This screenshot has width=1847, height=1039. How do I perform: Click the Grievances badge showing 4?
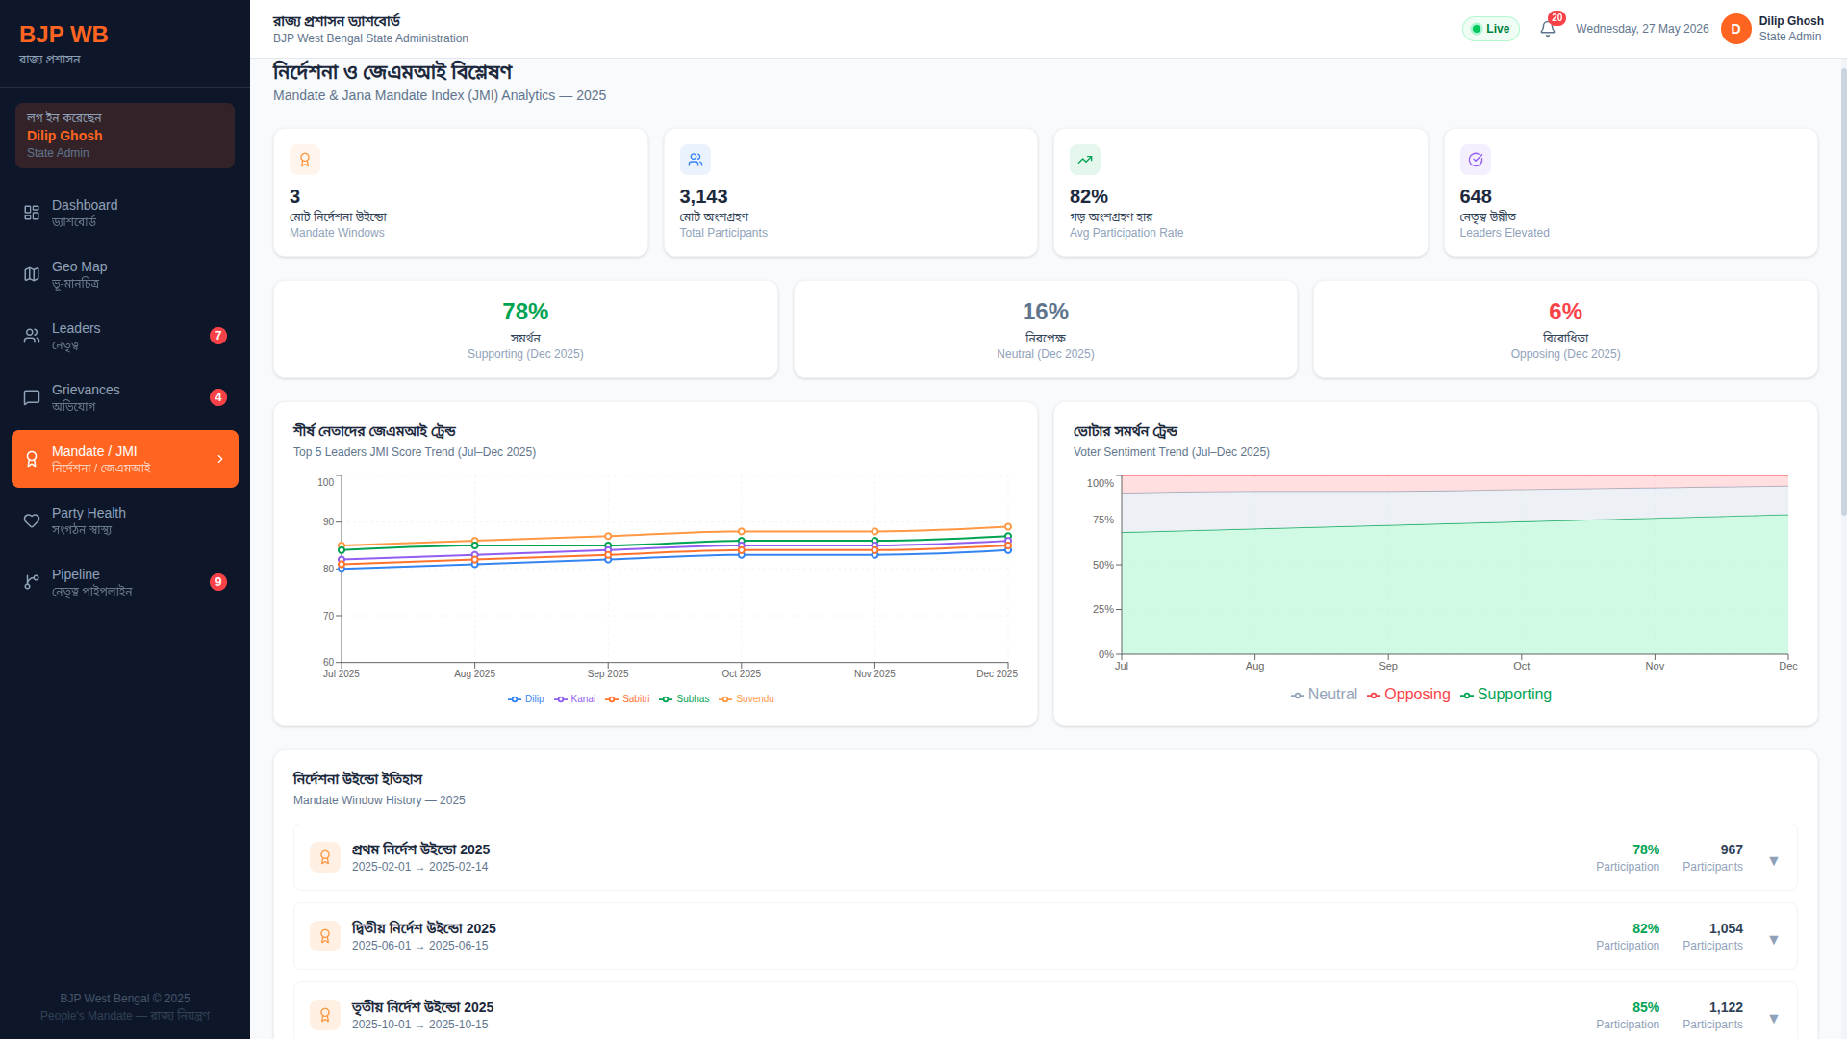click(x=218, y=397)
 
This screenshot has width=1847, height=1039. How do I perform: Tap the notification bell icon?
click(x=1547, y=29)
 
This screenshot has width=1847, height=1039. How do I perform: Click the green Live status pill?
click(x=1491, y=29)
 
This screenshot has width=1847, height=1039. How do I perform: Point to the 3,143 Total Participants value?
click(x=703, y=196)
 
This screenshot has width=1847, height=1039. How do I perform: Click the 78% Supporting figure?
click(x=525, y=312)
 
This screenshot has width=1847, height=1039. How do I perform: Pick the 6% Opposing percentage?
click(x=1565, y=312)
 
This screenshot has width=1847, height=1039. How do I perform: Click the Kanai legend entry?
click(x=575, y=699)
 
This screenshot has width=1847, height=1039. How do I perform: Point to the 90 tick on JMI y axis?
click(x=328, y=521)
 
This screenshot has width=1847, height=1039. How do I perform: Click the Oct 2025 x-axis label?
click(x=741, y=673)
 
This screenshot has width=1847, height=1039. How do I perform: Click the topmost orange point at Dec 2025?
click(x=1008, y=527)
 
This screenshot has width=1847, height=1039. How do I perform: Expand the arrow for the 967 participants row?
click(x=1774, y=861)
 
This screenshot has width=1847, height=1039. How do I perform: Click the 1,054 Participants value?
click(x=1726, y=928)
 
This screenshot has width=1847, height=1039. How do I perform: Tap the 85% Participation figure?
click(x=1646, y=1007)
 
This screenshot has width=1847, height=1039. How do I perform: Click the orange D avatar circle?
click(x=1735, y=29)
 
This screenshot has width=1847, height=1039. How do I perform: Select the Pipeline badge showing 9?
click(x=218, y=582)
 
